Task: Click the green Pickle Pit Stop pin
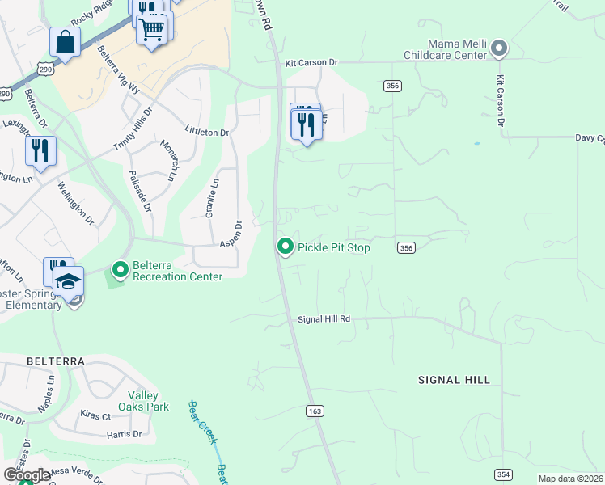(285, 247)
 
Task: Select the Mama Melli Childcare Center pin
(499, 48)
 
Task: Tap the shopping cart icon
(152, 31)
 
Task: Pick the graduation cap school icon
(69, 280)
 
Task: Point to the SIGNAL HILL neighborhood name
(454, 379)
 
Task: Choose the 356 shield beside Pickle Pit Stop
(406, 248)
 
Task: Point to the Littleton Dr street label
(207, 131)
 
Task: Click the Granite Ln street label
(211, 197)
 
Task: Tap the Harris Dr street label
(124, 434)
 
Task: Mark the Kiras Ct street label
(95, 415)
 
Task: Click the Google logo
(27, 474)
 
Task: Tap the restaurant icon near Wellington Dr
(40, 150)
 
